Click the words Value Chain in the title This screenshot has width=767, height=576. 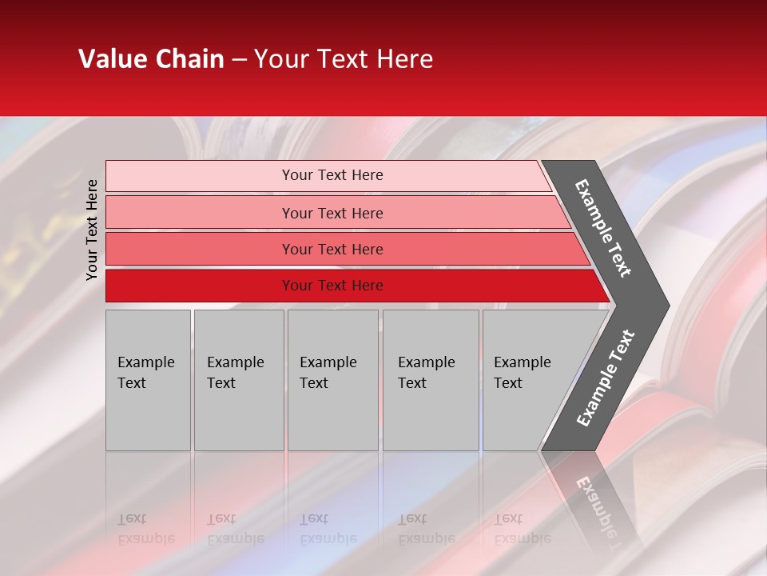[x=151, y=59]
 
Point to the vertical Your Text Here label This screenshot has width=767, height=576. [x=92, y=230]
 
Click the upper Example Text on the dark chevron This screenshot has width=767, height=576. [x=603, y=228]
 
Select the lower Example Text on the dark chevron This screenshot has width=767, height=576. [x=605, y=378]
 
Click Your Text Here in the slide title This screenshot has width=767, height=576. [x=344, y=59]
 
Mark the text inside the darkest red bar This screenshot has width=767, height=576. [x=332, y=286]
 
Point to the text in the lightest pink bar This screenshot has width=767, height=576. [x=332, y=175]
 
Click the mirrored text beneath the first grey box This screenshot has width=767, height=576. [x=145, y=529]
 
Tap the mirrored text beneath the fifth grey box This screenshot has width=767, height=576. [x=522, y=529]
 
